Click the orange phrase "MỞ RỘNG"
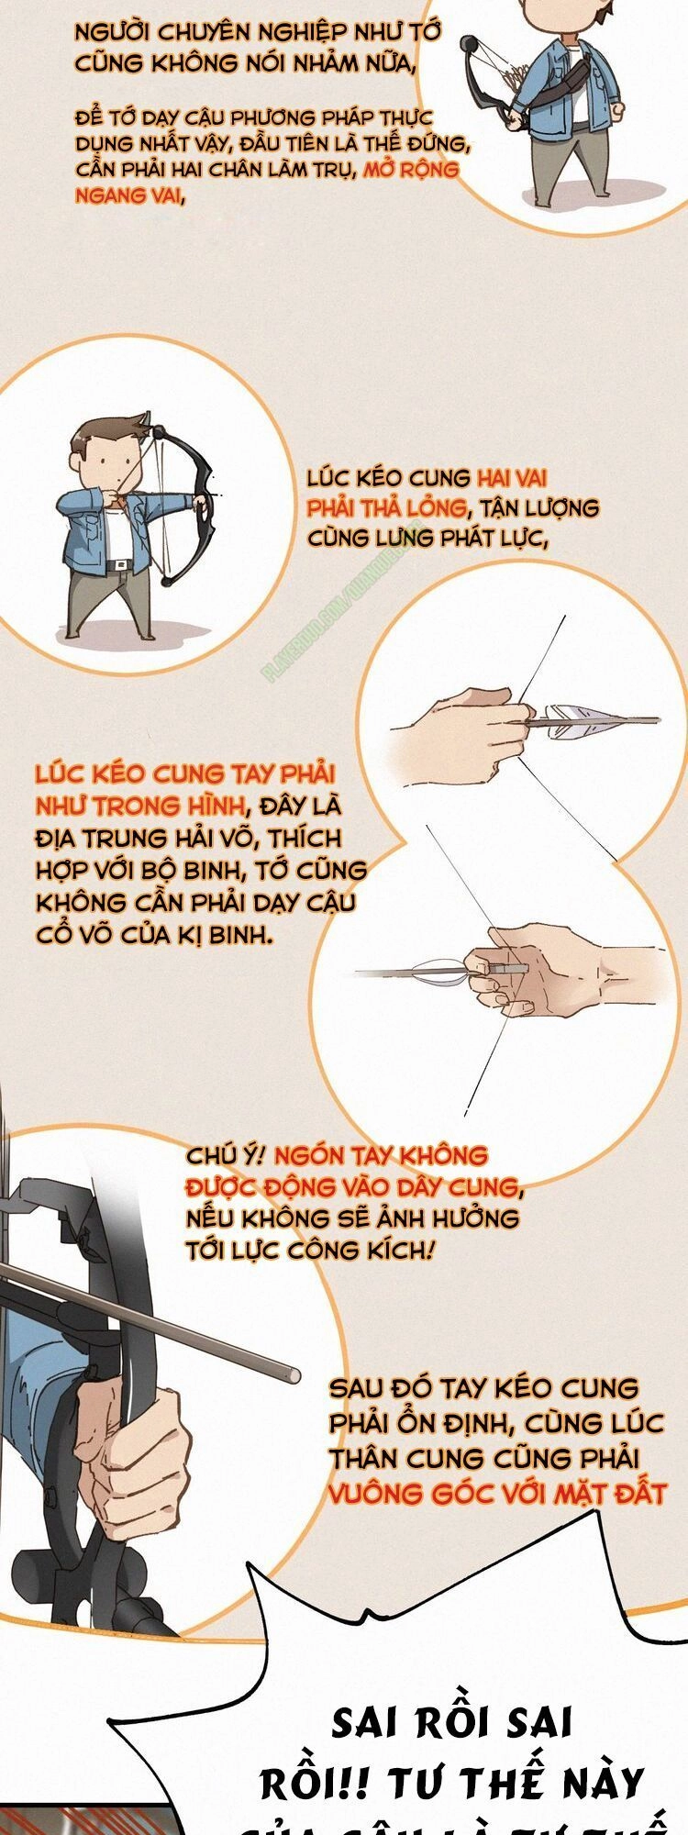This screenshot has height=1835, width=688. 411,171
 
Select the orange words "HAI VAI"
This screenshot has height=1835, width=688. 512,478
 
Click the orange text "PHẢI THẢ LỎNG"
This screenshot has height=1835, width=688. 386,508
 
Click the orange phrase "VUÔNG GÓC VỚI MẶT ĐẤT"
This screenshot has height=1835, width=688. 496,1494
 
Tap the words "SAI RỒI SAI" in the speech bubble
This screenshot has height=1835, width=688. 451,1723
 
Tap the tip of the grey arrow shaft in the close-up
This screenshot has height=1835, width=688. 293,1374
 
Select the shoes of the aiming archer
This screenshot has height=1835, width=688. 110,636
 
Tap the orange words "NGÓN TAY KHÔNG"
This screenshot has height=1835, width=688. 381,1155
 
